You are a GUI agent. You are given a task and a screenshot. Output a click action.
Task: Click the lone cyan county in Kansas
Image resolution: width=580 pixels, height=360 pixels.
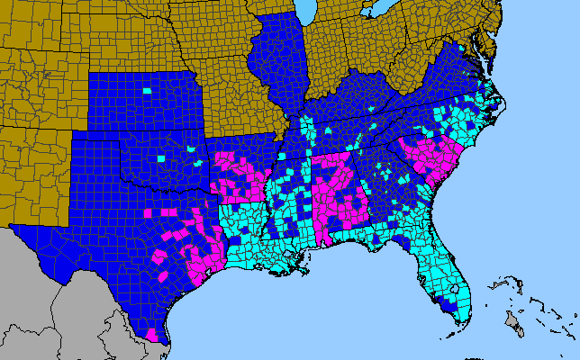tap(148, 91)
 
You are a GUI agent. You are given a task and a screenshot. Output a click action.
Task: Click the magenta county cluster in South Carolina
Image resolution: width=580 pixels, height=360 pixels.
tap(432, 162)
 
